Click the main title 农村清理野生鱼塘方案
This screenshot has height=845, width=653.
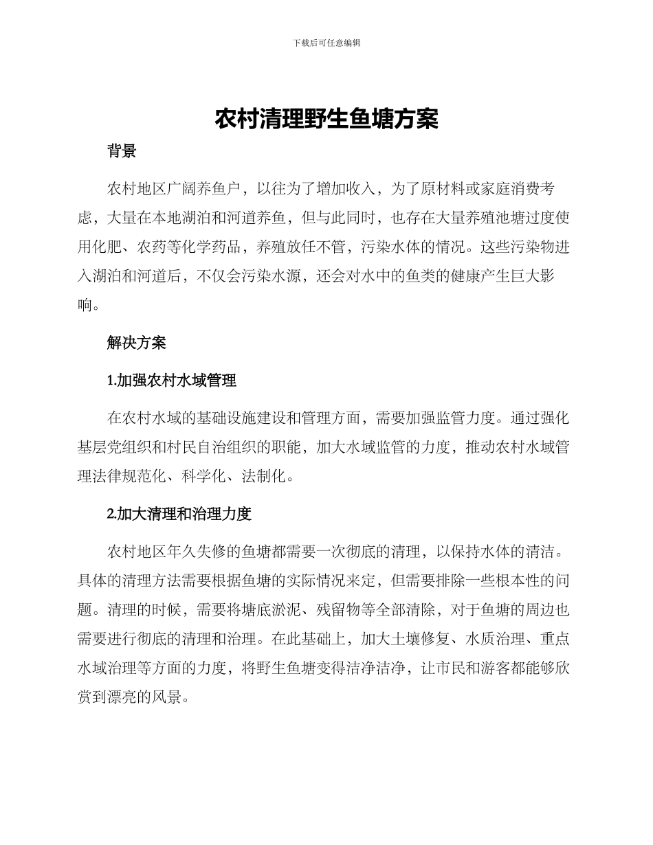click(326, 119)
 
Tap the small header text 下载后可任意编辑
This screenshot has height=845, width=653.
click(326, 43)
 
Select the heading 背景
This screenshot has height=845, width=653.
click(122, 151)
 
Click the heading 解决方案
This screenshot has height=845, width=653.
click(136, 342)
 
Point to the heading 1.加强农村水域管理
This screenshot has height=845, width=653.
click(172, 380)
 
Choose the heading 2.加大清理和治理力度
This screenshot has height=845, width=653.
click(179, 513)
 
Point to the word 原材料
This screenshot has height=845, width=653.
click(443, 189)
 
